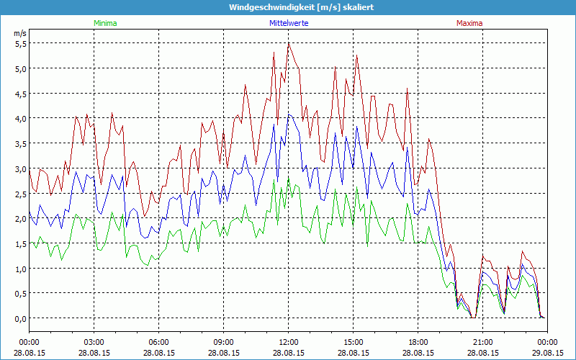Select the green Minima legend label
[104, 23]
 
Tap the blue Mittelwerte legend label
[288, 23]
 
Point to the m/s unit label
[19, 33]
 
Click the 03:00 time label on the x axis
[94, 342]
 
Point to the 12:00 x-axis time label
[289, 342]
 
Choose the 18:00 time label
[418, 342]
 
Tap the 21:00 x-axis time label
[483, 342]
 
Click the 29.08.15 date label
[547, 353]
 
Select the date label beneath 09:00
[224, 353]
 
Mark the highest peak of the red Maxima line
[289, 42]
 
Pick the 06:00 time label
[159, 342]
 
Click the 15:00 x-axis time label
[354, 342]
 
